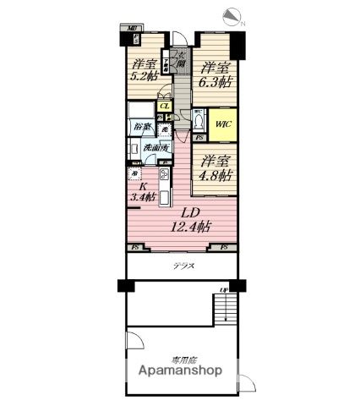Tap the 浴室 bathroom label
point(140,128)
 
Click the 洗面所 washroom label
point(153,148)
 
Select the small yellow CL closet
point(166,106)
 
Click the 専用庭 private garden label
point(181,359)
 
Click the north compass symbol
point(234,16)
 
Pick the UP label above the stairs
point(224,292)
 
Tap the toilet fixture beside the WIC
point(198,119)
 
